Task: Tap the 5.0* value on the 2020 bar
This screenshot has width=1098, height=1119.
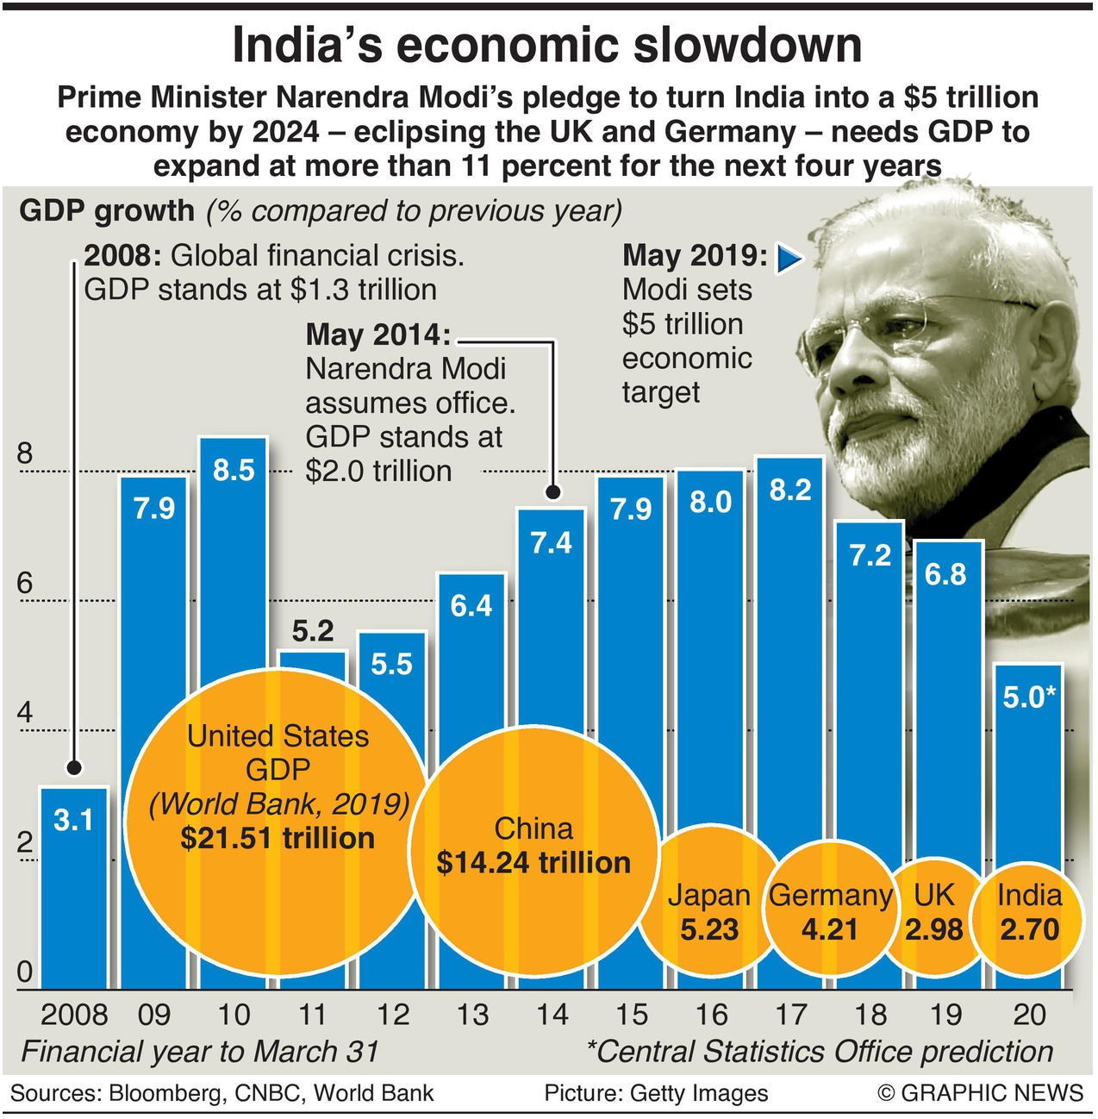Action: pos(1029,697)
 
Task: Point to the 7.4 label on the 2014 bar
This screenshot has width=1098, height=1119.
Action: pos(551,542)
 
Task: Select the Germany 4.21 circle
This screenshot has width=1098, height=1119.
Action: pos(829,912)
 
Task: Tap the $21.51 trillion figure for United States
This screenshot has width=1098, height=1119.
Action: pos(278,838)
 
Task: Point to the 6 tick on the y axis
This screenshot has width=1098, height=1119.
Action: pos(25,584)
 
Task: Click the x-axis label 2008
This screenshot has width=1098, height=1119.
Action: pos(74,1015)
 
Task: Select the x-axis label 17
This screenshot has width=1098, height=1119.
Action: pos(790,1015)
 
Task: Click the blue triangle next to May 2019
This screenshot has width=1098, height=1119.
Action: pos(788,258)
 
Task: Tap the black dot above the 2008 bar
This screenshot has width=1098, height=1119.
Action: pos(74,767)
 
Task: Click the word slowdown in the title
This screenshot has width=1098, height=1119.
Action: pos(747,45)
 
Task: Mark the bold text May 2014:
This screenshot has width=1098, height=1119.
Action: pos(379,334)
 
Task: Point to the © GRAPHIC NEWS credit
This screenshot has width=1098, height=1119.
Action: pos(980,1093)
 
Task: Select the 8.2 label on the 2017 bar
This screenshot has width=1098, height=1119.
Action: pos(790,490)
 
